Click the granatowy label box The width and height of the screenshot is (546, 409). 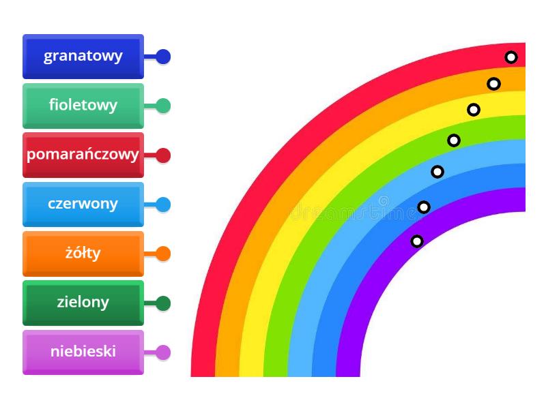click(x=83, y=57)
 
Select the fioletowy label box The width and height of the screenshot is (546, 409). click(x=83, y=106)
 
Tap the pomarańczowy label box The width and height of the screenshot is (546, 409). click(x=83, y=155)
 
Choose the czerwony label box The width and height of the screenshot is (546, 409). click(x=83, y=204)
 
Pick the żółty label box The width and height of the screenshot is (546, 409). click(x=83, y=254)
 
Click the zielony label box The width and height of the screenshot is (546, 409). click(x=83, y=303)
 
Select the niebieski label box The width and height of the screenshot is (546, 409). click(x=83, y=352)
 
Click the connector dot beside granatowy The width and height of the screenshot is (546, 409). click(x=163, y=57)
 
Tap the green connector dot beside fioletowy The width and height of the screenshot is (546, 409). click(x=163, y=106)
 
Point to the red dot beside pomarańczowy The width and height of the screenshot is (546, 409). click(x=163, y=155)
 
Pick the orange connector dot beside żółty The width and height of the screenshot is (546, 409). click(x=163, y=254)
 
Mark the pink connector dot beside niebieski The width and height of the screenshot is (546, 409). click(x=163, y=352)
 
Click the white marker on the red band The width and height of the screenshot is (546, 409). click(x=511, y=57)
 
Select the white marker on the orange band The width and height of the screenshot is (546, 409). click(x=493, y=84)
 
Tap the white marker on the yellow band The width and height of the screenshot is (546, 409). click(x=474, y=109)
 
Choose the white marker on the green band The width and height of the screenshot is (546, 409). click(x=454, y=140)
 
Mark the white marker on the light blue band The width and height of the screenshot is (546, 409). click(x=437, y=172)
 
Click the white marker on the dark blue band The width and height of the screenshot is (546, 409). click(x=424, y=207)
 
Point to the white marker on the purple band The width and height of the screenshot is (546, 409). click(x=417, y=241)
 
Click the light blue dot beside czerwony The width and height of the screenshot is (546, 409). click(x=163, y=204)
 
